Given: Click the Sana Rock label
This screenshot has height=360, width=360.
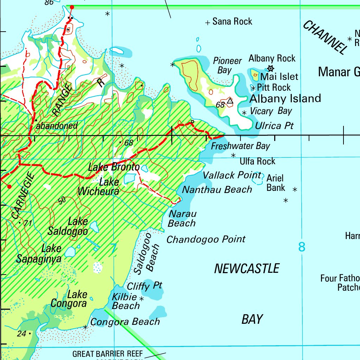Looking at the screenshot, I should pos(232,22).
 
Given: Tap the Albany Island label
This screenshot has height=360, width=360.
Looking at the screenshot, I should pos(285,98).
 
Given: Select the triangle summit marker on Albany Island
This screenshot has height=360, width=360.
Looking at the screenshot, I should pos(230,101).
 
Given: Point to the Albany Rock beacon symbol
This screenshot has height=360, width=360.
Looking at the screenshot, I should pos(270,68).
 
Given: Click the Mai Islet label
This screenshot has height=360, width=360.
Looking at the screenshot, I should pos(279,77).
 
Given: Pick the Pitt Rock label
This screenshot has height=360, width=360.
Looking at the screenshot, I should pos(274,88).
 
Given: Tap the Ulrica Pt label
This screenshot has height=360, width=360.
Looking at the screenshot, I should pos(274,126).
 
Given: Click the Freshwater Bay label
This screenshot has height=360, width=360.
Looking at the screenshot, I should pos(240,146).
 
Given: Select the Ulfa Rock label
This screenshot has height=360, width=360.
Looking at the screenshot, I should pos(257,161).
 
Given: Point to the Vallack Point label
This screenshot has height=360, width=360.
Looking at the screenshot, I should pos(232,175).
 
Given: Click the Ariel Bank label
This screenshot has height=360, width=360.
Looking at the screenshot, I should pos(275,183).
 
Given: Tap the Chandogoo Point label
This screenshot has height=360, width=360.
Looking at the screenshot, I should pos(206,240).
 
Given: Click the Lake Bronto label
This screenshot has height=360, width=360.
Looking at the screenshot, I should pos(114,167).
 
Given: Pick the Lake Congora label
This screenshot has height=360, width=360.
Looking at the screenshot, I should pos(69,298).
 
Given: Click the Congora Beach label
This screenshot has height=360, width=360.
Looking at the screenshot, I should pos(125,322).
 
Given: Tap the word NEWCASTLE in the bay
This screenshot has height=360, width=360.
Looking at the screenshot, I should pos(247,269).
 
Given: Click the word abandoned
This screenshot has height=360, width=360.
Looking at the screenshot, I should pos(57,126).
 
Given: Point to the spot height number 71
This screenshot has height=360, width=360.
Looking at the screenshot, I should pos(28,223).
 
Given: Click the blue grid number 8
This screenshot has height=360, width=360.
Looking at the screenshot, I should pos(302,247).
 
